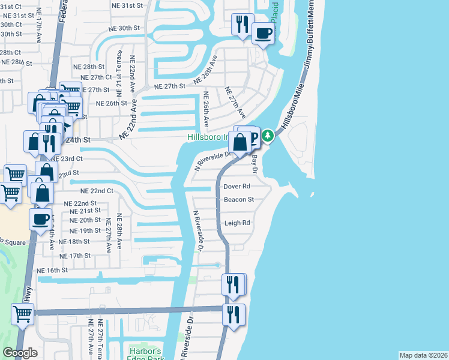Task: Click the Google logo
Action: point(20,353)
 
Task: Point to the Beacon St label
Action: point(239,199)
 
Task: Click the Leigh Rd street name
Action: point(237,223)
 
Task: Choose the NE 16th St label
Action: point(52,271)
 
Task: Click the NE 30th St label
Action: point(124,28)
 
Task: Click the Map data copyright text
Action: point(423,355)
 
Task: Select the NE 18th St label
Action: point(74,241)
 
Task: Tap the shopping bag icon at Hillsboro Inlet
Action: point(240,143)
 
